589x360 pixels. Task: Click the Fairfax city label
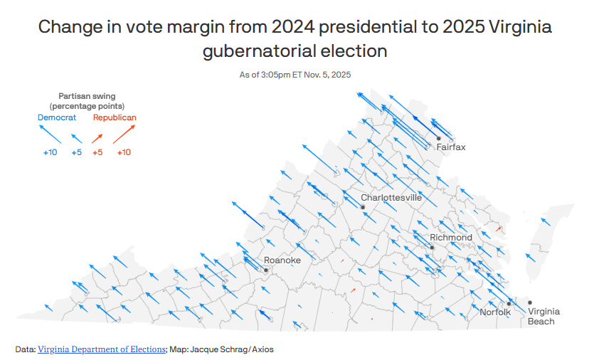[450, 147]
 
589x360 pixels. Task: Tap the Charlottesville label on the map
[391, 198]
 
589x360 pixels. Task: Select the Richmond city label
[451, 238]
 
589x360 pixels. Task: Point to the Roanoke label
[282, 260]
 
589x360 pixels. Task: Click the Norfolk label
[495, 312]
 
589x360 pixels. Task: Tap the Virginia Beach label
[543, 317]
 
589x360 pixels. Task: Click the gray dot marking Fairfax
[439, 138]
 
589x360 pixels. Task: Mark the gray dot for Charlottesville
[363, 207]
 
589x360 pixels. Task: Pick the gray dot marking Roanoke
[265, 270]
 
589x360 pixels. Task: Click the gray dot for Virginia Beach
[529, 302]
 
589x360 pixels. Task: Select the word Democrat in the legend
[57, 117]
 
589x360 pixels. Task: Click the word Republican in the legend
[115, 117]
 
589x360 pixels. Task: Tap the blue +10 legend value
[50, 152]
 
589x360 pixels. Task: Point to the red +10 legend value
[124, 152]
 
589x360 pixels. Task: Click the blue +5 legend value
[77, 152]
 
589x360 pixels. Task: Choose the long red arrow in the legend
[124, 134]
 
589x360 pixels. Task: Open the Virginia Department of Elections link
[102, 349]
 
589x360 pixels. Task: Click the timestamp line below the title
[294, 75]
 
